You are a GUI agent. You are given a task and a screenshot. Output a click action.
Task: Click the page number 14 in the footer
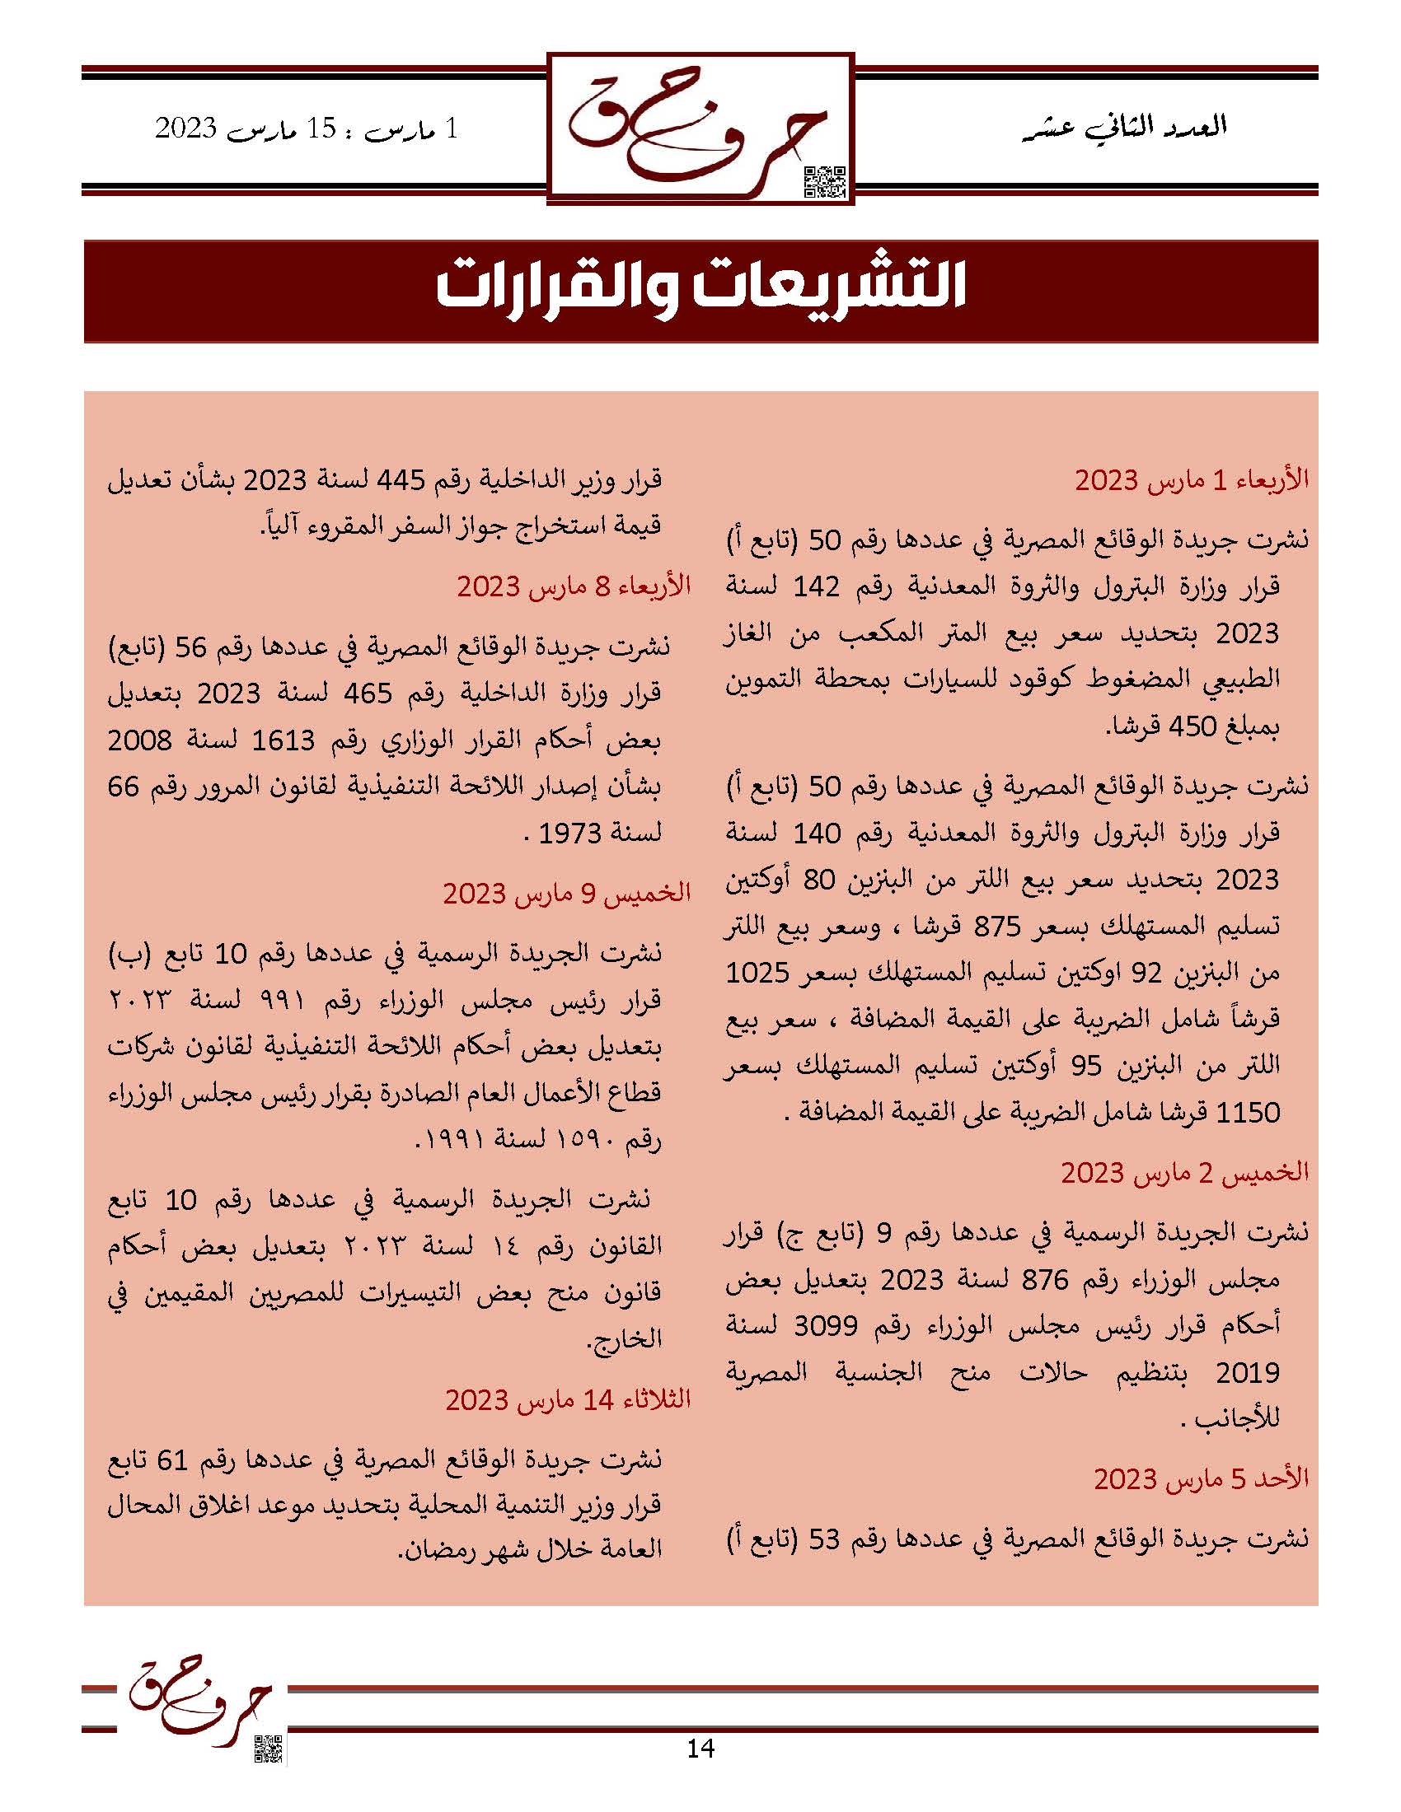[x=700, y=1748]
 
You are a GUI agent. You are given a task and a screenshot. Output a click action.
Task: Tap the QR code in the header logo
[x=826, y=182]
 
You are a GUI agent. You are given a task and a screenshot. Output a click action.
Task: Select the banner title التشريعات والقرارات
[x=700, y=290]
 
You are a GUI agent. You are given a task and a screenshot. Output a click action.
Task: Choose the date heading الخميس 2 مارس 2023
[x=1184, y=1172]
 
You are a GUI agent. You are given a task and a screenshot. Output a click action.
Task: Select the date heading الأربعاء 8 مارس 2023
[x=574, y=586]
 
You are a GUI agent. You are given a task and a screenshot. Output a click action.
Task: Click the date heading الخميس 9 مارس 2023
[x=566, y=894]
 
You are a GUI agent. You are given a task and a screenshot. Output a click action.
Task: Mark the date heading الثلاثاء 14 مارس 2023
[x=568, y=1399]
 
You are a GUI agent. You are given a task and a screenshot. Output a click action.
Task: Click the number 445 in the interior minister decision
[x=401, y=479]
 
